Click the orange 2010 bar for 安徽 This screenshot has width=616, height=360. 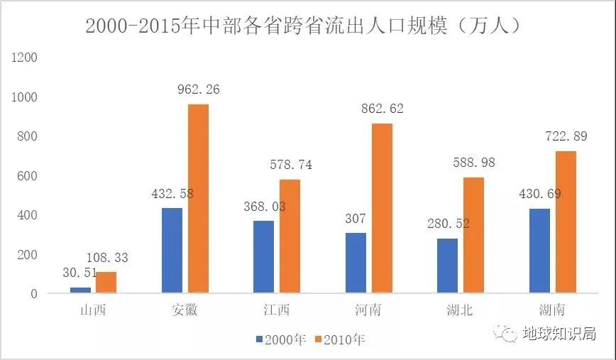tap(198, 199)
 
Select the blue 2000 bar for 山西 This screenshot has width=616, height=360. tap(80, 290)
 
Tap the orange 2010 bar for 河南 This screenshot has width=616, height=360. tap(382, 208)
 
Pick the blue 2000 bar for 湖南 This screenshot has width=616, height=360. tap(539, 251)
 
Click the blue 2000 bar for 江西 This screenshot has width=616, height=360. tap(263, 257)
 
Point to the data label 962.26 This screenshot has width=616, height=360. tap(198, 90)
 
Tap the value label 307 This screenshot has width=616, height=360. tap(356, 219)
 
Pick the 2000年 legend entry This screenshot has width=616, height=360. tap(280, 340)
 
